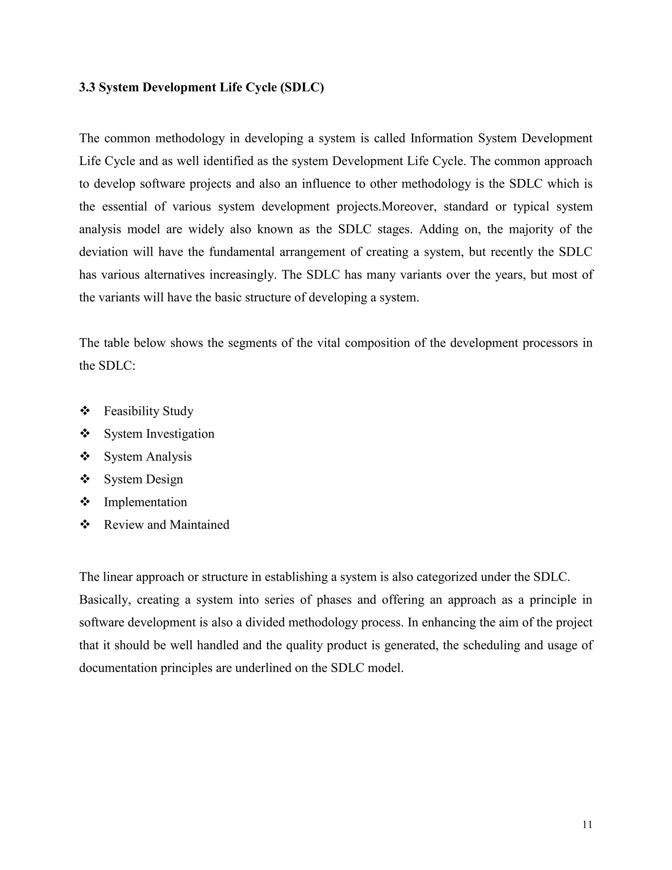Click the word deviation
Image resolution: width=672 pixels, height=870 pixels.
click(103, 252)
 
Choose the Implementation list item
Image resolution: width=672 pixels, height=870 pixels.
click(145, 502)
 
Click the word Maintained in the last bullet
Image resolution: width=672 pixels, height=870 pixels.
click(199, 525)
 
